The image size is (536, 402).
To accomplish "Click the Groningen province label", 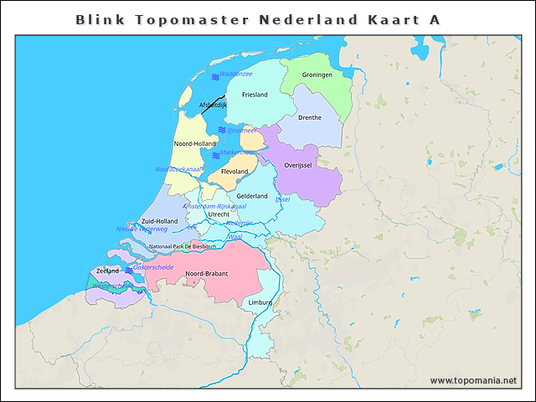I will click(x=317, y=75).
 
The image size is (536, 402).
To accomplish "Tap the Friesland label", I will click(x=255, y=95).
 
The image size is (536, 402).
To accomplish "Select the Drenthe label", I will click(x=310, y=117).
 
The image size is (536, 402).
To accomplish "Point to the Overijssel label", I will click(x=298, y=165).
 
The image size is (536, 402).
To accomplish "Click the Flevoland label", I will click(x=234, y=172).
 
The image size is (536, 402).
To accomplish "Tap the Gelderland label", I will click(x=252, y=196).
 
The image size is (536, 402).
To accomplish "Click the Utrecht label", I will click(x=219, y=214).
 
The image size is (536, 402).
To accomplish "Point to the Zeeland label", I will click(x=108, y=271).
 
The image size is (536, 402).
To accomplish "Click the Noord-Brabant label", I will click(x=207, y=274).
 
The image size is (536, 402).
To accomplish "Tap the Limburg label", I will click(x=260, y=302).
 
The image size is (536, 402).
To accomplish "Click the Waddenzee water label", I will click(x=236, y=75).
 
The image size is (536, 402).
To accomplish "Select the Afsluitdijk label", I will click(x=213, y=106).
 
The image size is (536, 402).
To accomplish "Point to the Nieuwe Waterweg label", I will click(x=142, y=229).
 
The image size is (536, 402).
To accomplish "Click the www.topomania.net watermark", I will click(x=473, y=380).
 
